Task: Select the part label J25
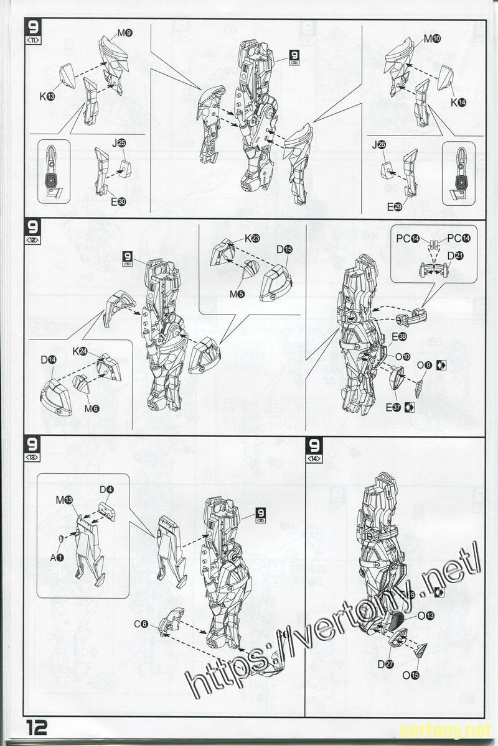(x=118, y=143)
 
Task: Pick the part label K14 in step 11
(x=458, y=102)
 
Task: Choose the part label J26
(x=378, y=145)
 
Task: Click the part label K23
(x=251, y=238)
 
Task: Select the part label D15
(x=284, y=249)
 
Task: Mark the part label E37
(x=393, y=407)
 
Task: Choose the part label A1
(x=57, y=557)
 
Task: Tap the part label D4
(x=106, y=489)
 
